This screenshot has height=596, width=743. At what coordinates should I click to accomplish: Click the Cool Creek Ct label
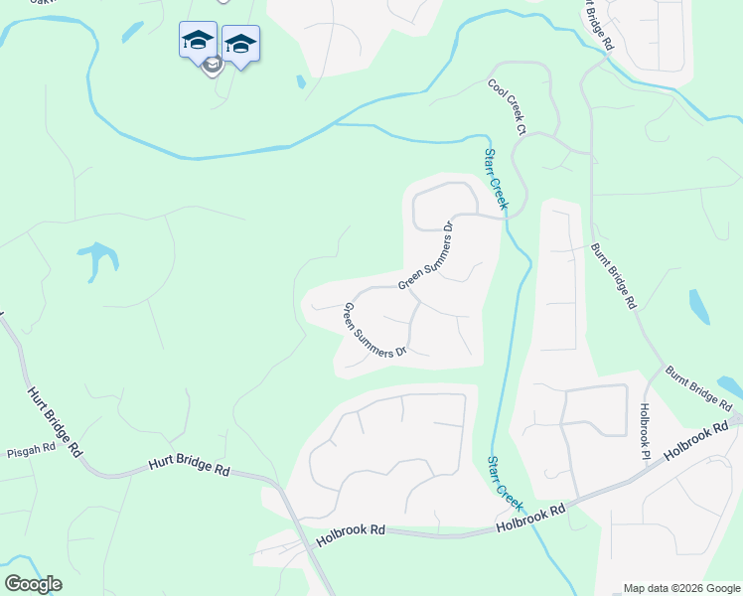click(x=506, y=107)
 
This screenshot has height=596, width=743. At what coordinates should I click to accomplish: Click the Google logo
click(x=33, y=584)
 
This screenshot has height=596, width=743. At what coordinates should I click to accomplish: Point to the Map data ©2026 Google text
click(x=681, y=588)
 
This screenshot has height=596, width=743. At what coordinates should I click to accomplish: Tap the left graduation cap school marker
click(x=198, y=41)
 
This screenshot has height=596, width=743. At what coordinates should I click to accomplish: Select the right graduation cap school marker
click(x=240, y=45)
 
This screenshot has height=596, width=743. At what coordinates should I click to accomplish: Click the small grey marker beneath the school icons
click(x=212, y=67)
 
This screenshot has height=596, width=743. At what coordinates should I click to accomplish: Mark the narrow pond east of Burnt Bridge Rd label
click(x=699, y=308)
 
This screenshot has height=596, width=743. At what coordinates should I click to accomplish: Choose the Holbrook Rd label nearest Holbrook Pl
click(x=695, y=443)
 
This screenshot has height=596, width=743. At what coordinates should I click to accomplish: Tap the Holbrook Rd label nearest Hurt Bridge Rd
click(x=351, y=537)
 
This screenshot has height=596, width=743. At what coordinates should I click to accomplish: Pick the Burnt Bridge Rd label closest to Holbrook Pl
click(x=699, y=388)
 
